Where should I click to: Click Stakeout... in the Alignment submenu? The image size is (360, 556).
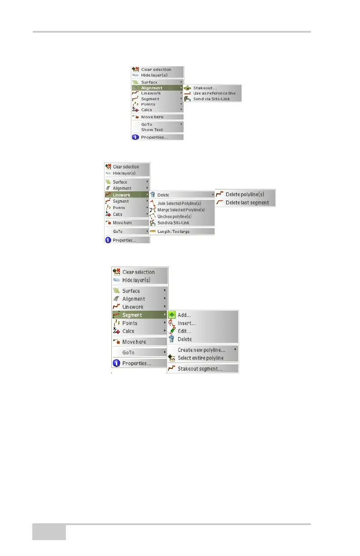205,88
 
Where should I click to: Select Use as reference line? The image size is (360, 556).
214,93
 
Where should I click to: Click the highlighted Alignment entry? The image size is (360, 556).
152,88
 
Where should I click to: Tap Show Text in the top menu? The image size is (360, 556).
152,129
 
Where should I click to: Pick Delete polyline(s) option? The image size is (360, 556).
245,194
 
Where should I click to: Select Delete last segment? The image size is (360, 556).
247,203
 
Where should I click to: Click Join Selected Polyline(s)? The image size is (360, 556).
179,203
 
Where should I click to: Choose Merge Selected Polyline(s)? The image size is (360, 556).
181,210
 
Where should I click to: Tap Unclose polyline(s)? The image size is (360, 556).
178,216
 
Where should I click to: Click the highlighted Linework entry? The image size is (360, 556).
121,195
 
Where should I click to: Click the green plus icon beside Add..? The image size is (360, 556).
172,315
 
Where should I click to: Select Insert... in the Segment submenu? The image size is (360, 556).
186,323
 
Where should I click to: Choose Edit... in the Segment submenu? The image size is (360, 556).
184,331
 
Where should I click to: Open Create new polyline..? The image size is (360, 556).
201,350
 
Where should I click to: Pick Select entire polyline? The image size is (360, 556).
200,358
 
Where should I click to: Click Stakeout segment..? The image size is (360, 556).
200,369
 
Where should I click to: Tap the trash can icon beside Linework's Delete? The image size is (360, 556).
153,195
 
